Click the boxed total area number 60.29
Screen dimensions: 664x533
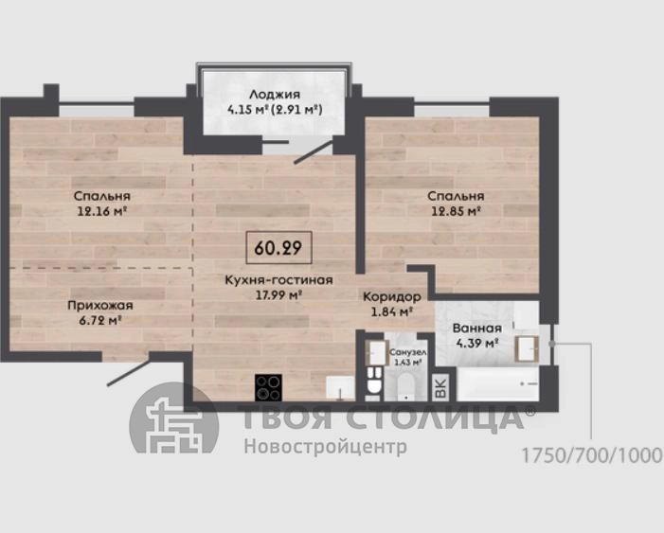pos(278,248)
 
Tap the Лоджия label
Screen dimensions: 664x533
pos(275,94)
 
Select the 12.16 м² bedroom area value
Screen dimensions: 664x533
pos(102,211)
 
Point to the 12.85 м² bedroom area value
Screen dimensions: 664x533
pos(456,211)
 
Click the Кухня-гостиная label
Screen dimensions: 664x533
pos(278,280)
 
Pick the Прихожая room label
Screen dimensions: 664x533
pos(100,305)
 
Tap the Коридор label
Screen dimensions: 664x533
pos(392,296)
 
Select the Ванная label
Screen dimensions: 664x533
pos(477,329)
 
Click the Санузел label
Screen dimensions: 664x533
pos(408,352)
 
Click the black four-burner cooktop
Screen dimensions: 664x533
pos(268,387)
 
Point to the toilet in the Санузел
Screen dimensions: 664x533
pos(374,381)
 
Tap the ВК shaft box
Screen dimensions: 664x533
pos(440,387)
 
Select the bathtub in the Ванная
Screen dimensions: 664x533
pos(498,384)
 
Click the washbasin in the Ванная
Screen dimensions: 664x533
pos(527,348)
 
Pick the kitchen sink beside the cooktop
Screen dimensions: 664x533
pos(340,388)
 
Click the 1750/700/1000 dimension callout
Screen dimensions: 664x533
pos(592,455)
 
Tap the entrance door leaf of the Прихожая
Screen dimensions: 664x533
pos(129,373)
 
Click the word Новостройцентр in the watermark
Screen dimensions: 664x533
pos(325,446)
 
